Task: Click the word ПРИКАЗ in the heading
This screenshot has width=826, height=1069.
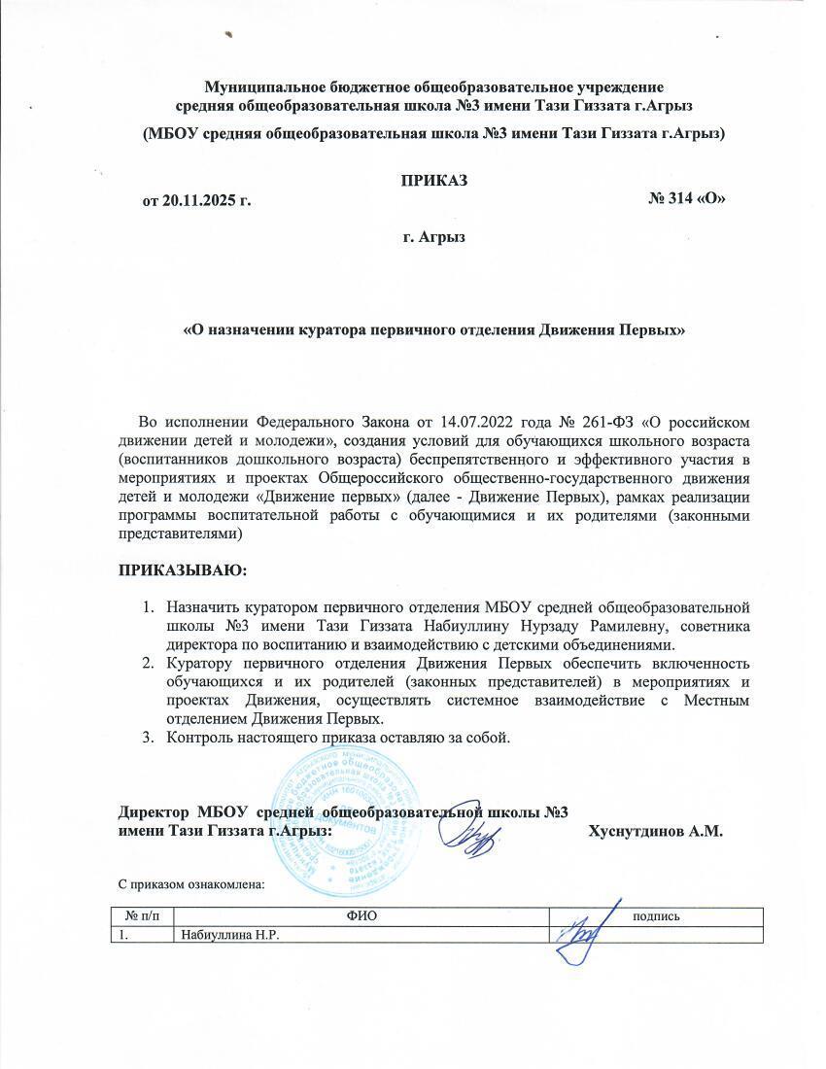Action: (x=434, y=182)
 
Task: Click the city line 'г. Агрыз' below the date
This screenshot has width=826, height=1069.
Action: (x=433, y=237)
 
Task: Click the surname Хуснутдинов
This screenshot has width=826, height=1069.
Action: (x=636, y=832)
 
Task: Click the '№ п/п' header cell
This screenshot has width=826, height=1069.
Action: (x=144, y=915)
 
